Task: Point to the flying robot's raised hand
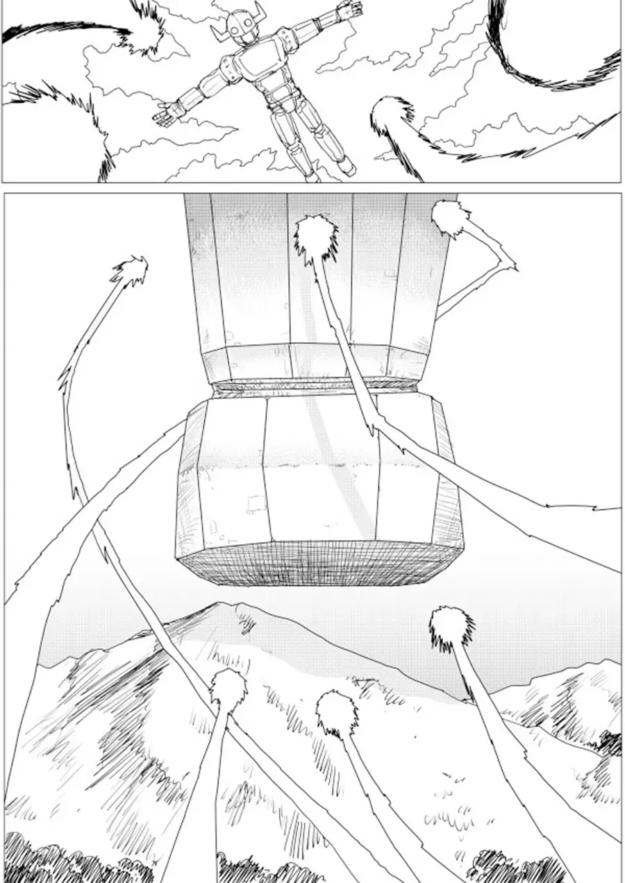pos(349,10)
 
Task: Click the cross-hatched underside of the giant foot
pos(319,562)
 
